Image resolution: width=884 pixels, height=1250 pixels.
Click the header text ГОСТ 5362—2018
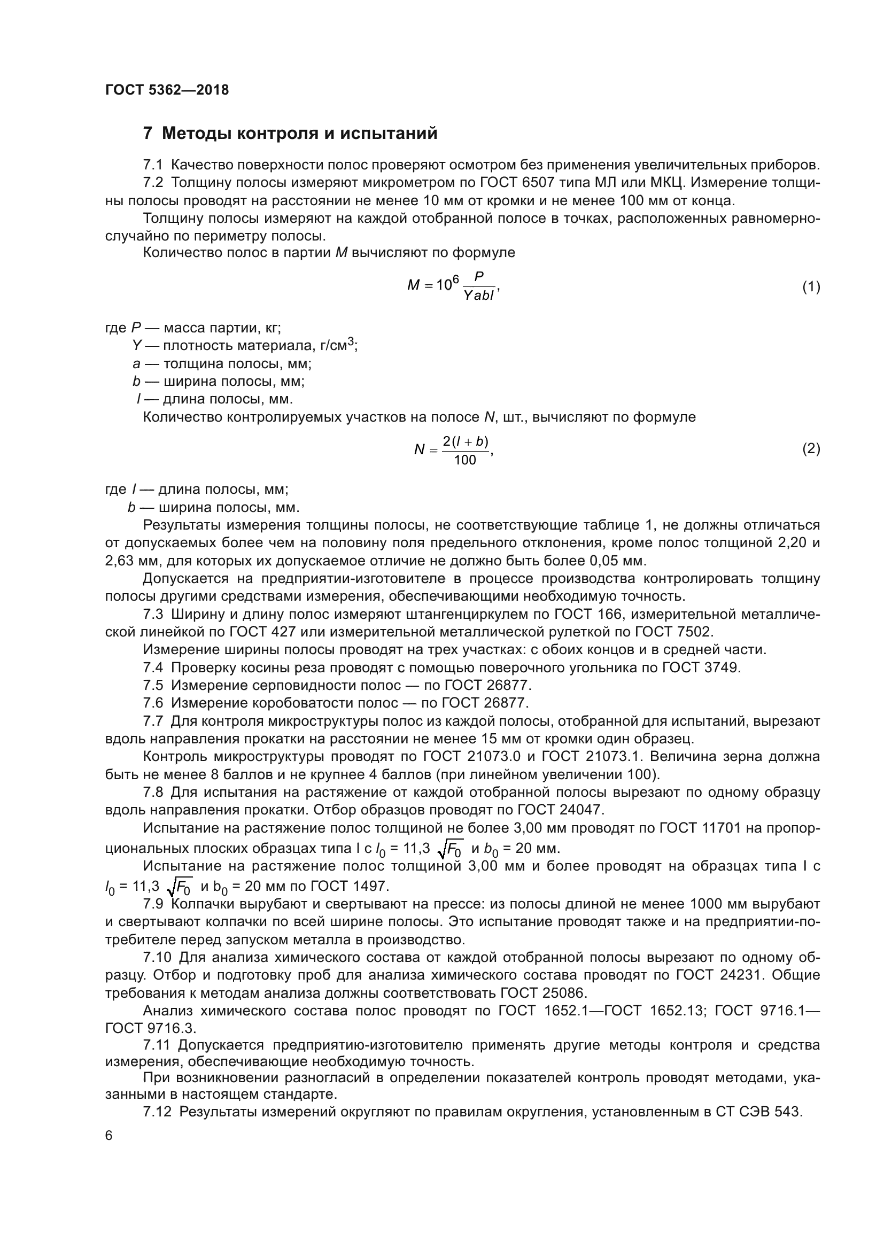(x=167, y=90)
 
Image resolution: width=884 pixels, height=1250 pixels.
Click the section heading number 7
(x=147, y=134)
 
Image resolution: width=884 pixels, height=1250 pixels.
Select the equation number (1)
(x=811, y=286)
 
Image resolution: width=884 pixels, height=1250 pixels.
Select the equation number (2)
(x=811, y=448)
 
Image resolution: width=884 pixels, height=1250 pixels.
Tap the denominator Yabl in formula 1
(x=478, y=296)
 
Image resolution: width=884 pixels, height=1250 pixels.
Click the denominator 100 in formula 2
(x=465, y=460)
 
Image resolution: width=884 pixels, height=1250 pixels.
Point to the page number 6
(x=109, y=1136)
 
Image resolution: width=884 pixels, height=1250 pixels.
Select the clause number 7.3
(x=153, y=614)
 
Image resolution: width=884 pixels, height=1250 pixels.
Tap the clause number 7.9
(x=153, y=904)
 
